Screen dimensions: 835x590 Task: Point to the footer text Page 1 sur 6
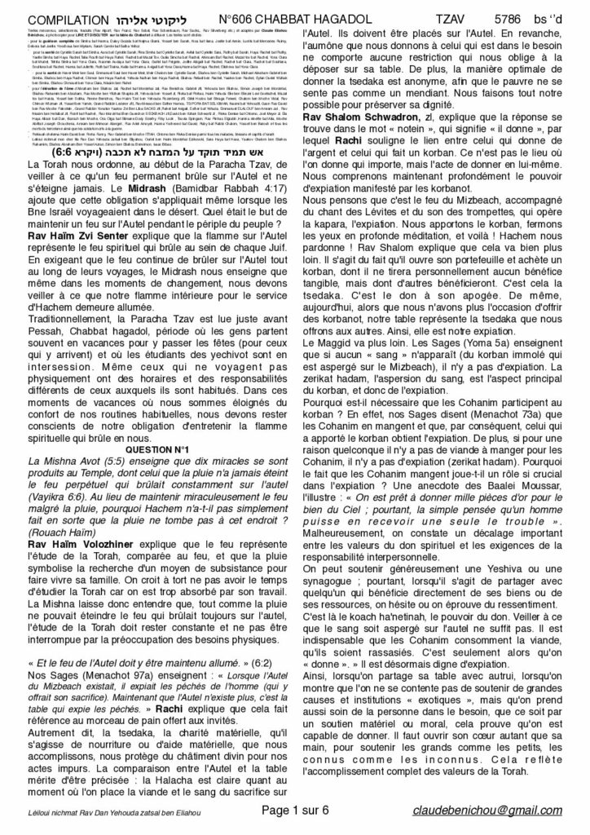(294, 816)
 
